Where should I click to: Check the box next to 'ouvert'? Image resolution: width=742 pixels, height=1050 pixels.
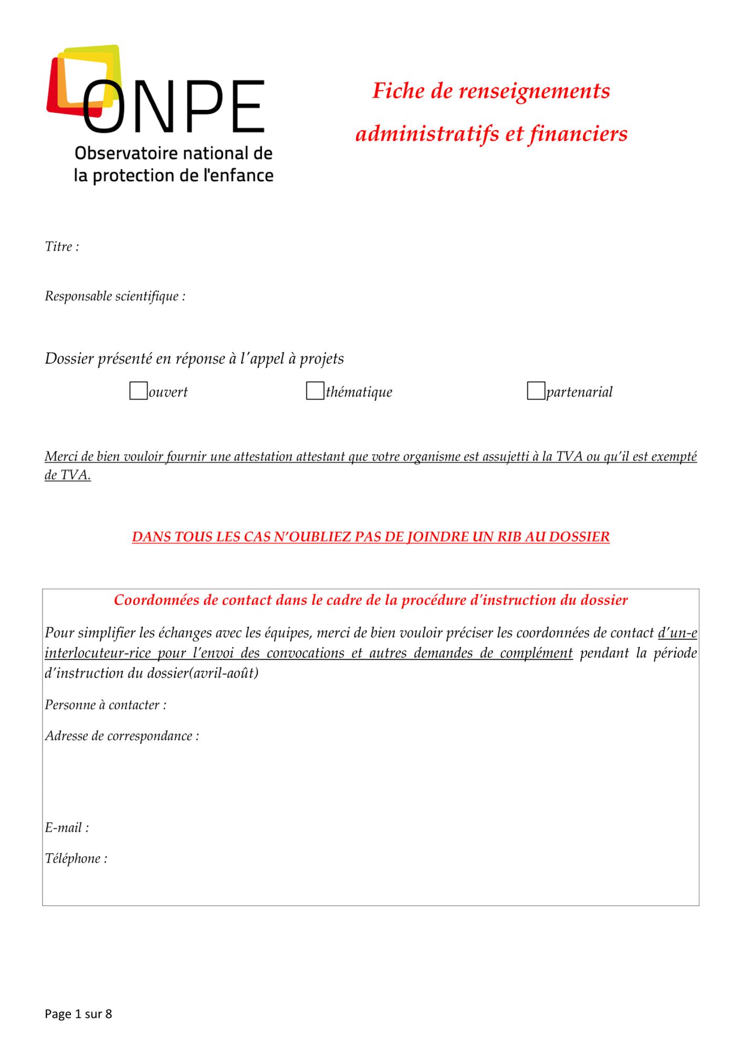tap(138, 391)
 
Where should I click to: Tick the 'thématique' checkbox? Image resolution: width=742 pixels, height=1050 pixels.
tap(315, 391)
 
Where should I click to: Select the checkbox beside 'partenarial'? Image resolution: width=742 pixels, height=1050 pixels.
tap(536, 391)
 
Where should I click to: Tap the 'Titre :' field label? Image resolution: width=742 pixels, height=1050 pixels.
tap(62, 247)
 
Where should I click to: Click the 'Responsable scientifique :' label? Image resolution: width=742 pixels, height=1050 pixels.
tap(115, 297)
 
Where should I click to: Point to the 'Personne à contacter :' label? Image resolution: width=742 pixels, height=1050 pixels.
tap(106, 705)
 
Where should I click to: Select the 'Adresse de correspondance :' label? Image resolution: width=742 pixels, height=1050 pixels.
tap(122, 736)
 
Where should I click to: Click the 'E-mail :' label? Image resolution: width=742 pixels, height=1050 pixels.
tap(67, 828)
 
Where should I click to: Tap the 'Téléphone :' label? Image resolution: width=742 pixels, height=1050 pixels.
tap(76, 859)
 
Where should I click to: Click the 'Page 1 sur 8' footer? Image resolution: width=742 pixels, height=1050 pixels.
tap(78, 1014)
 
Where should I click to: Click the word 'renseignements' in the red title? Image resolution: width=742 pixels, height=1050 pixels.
tap(534, 91)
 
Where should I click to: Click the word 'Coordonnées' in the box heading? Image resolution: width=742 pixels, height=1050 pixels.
tap(156, 600)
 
